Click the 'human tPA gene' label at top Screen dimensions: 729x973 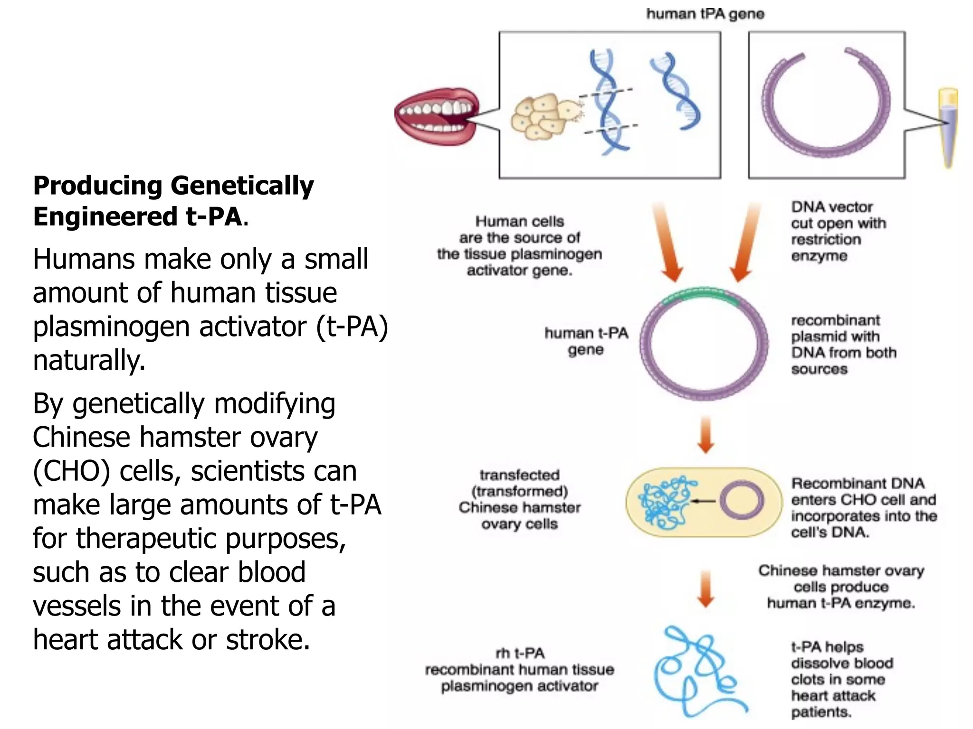pyautogui.click(x=705, y=14)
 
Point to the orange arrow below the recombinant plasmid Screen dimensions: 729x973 pyautogui.click(x=706, y=435)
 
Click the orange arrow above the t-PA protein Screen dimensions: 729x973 pyautogui.click(x=706, y=589)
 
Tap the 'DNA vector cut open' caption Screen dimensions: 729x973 pyautogui.click(x=838, y=231)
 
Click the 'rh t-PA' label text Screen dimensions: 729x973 pyautogui.click(x=520, y=654)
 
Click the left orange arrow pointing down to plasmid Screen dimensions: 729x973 pyautogui.click(x=668, y=242)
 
